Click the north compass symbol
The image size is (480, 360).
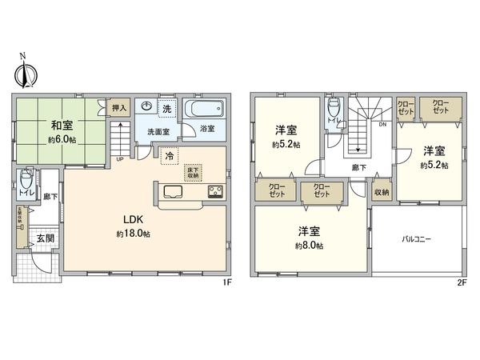click(x=22, y=73)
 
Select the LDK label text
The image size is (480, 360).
click(x=132, y=218)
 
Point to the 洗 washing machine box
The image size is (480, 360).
click(x=167, y=108)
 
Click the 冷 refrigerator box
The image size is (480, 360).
click(x=169, y=158)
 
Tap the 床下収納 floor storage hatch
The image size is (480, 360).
click(x=192, y=171)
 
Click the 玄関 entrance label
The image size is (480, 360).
click(x=44, y=238)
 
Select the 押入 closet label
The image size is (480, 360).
click(x=118, y=108)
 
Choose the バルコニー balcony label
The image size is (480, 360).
click(x=416, y=238)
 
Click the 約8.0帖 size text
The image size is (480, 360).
click(x=308, y=246)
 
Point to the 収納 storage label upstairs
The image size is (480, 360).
click(x=382, y=192)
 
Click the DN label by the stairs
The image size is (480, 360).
click(x=382, y=125)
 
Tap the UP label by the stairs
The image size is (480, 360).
click(x=120, y=158)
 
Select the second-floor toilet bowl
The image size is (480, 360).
click(x=334, y=108)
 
